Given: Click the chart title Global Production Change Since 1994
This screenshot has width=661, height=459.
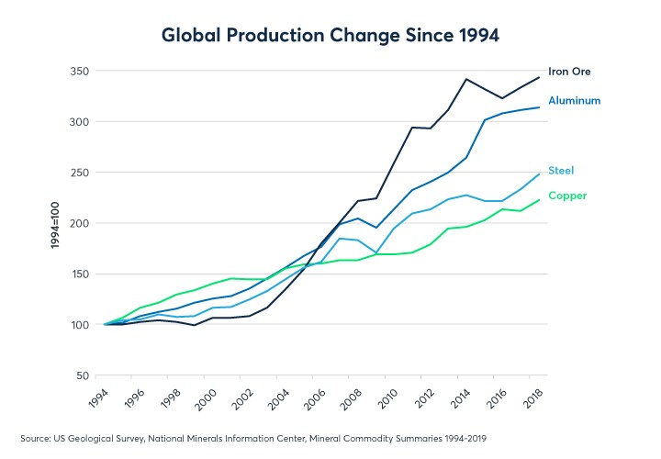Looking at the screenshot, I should [x=330, y=36].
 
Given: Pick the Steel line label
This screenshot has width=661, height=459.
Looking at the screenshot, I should [x=561, y=170].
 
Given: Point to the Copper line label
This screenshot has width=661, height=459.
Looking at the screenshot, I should [x=567, y=196].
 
